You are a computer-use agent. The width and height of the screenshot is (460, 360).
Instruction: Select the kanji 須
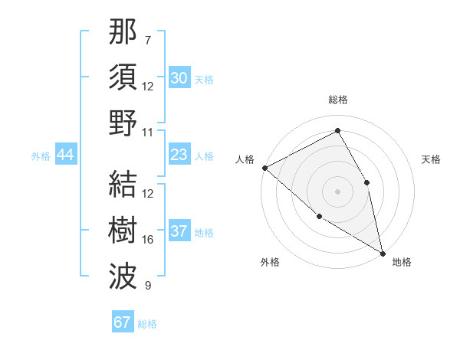coord(123,77)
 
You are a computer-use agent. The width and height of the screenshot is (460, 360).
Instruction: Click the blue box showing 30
coord(179,78)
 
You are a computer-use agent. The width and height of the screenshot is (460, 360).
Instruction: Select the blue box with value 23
coord(179,155)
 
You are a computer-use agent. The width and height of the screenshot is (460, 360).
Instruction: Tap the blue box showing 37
coord(179,232)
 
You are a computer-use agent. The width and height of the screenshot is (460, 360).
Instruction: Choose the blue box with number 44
coord(65,155)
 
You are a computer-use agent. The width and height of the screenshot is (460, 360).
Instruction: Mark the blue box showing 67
coord(123,322)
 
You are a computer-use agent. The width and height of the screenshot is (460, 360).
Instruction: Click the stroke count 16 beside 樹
coord(148,240)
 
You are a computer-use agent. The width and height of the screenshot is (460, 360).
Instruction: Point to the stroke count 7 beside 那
coord(147,39)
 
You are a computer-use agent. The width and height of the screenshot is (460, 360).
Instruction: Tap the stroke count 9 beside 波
coord(147,286)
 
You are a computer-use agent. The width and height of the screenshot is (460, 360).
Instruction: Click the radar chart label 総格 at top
coord(337,100)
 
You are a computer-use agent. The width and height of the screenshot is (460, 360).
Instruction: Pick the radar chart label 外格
coord(270,262)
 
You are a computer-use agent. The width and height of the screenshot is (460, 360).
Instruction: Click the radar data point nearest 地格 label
coord(382,252)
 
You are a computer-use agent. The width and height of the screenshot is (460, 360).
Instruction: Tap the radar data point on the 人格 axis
coord(264,168)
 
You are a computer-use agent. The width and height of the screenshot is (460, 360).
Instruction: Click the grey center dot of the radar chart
coord(337,191)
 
